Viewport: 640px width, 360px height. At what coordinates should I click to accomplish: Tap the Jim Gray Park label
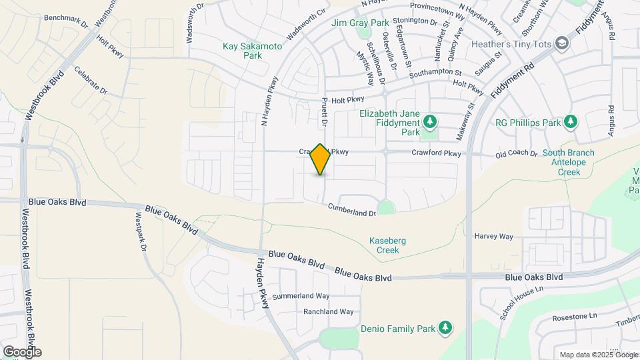(360, 23)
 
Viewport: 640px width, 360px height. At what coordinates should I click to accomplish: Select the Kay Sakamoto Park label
(252, 51)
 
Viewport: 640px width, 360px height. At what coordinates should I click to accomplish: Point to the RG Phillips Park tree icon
(569, 121)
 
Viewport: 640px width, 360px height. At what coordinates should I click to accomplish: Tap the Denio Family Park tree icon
(445, 328)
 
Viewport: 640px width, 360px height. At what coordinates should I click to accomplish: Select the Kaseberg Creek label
(383, 245)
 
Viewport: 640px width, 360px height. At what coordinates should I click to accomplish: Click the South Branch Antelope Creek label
(568, 162)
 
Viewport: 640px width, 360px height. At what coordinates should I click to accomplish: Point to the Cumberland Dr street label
(352, 211)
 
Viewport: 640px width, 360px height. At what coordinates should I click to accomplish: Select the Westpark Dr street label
(141, 231)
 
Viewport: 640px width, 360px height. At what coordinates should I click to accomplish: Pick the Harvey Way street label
(493, 237)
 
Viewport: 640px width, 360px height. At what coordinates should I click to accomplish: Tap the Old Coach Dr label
(516, 154)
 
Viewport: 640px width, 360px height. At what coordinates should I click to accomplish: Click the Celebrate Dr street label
(91, 80)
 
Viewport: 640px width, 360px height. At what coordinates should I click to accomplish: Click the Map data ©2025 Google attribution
(598, 355)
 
